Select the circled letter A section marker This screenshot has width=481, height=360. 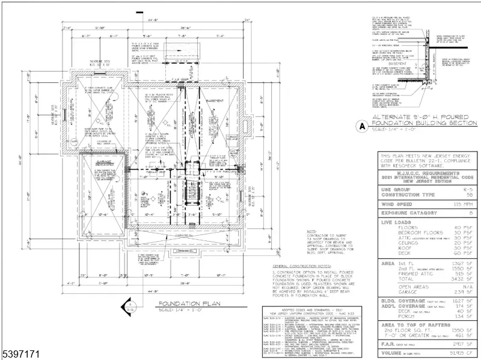tap(362, 127)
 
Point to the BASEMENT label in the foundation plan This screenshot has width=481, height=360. tap(215, 101)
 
